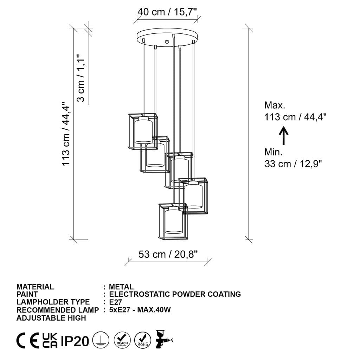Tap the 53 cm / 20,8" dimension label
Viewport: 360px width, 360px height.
coord(168,254)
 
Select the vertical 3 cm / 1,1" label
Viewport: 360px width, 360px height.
coord(81,78)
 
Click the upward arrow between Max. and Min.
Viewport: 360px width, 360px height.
coord(284,136)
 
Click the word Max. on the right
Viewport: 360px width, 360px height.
coord(275,105)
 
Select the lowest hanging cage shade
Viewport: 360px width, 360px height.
coord(173,221)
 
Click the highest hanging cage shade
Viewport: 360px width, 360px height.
coord(143,131)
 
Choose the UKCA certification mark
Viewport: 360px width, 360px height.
coord(50,341)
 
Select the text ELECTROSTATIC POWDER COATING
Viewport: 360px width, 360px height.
coord(175,294)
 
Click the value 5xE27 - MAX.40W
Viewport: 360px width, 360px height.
coord(140,310)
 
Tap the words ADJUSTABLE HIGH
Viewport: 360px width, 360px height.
coord(51,318)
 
